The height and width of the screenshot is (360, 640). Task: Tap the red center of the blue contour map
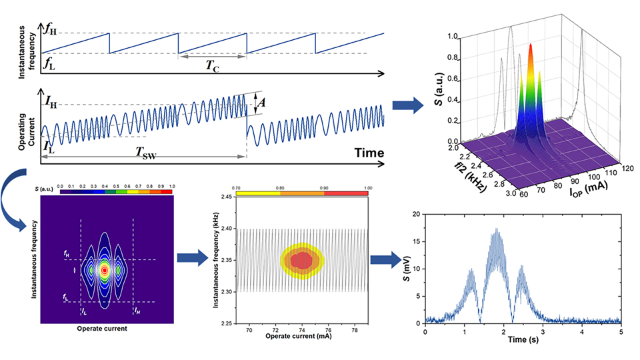(104, 270)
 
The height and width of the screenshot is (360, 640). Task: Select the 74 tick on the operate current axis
(302, 329)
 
